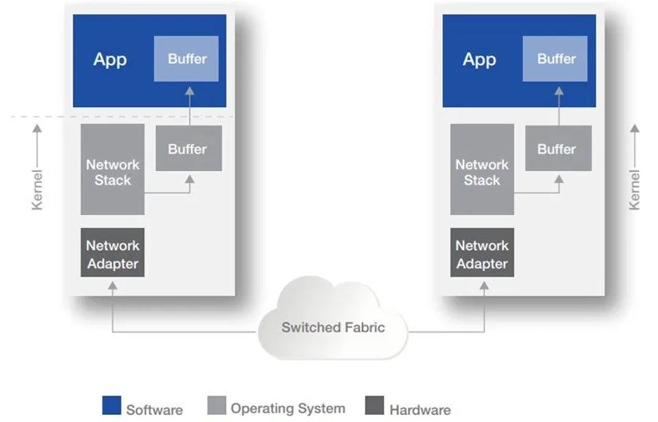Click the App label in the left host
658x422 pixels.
[x=110, y=60]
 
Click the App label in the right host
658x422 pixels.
[x=479, y=60]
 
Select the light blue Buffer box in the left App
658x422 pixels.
[x=186, y=59]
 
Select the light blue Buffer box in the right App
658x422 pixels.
[x=556, y=59]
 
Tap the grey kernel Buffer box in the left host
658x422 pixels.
[x=188, y=149]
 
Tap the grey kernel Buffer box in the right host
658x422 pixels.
[x=557, y=149]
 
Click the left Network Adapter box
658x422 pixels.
[x=113, y=253]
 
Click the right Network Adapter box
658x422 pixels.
[x=482, y=253]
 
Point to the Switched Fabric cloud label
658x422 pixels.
[x=333, y=327]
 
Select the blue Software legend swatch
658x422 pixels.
[x=112, y=405]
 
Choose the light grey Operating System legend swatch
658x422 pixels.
[x=216, y=405]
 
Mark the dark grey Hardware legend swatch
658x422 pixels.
[x=374, y=405]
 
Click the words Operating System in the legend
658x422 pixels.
[x=288, y=408]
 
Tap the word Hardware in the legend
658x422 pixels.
[x=419, y=410]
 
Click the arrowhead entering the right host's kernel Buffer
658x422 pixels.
[x=558, y=181]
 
